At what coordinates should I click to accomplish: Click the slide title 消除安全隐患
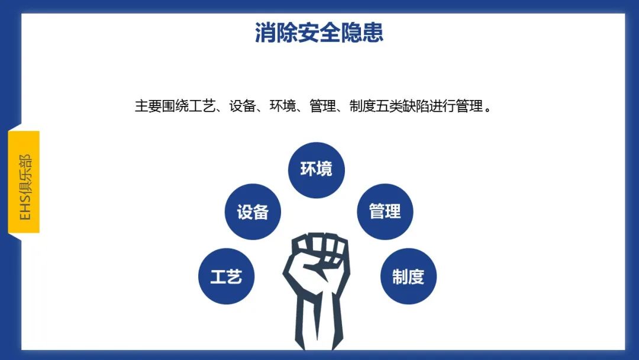click(x=319, y=32)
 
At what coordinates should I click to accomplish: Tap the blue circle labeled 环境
click(x=316, y=170)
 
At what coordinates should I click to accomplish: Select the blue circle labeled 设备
click(x=253, y=212)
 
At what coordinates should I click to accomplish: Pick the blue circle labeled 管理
click(x=385, y=211)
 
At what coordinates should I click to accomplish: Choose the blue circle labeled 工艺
click(x=226, y=277)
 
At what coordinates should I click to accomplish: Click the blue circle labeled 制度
click(x=408, y=277)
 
